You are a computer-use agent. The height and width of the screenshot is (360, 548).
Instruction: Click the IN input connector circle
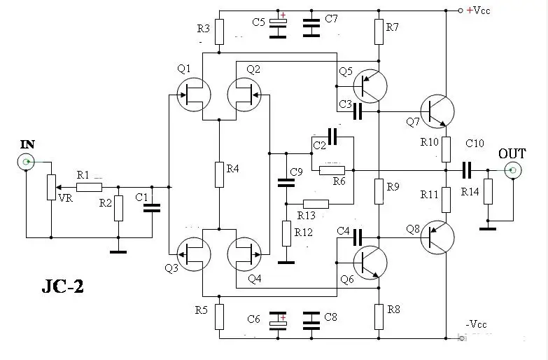(27, 162)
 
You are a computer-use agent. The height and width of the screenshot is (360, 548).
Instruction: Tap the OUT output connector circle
(513, 169)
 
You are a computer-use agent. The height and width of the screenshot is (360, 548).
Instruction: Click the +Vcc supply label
(481, 10)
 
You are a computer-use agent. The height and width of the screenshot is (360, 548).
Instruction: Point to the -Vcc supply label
(477, 324)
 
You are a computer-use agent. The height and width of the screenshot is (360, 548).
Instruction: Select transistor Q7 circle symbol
(437, 110)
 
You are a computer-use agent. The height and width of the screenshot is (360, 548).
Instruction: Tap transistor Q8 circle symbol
(437, 237)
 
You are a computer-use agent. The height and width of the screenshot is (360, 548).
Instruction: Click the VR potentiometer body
(50, 187)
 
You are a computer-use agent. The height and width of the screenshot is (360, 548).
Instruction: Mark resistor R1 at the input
(90, 187)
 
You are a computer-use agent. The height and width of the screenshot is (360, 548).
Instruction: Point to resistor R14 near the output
(489, 190)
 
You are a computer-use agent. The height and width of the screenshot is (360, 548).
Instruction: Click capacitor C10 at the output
(467, 169)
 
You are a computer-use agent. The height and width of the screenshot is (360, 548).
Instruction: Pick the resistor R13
(316, 204)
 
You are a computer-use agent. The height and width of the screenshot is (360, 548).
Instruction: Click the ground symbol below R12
(286, 263)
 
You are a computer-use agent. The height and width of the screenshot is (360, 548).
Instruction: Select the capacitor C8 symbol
(309, 321)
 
